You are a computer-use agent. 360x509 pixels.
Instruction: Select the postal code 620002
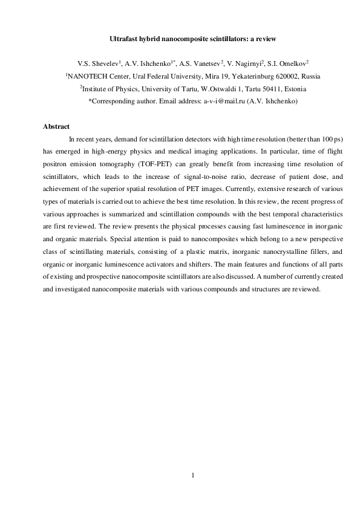(269, 77)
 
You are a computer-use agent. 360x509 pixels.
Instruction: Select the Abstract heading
(56, 127)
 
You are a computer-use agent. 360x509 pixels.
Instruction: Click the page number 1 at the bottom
(193, 476)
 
